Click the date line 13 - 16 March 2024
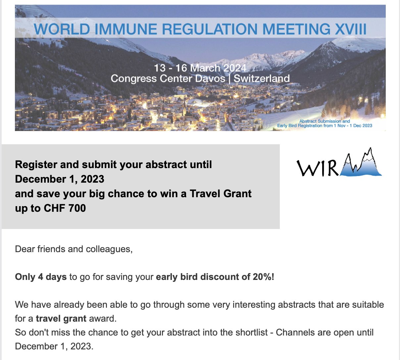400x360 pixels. coord(200,68)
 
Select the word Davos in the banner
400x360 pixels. coord(210,78)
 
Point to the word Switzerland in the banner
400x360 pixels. coord(262,78)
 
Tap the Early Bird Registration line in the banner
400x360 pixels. coord(325,126)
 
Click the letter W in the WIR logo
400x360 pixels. coord(307,168)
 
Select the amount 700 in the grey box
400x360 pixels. coord(77,208)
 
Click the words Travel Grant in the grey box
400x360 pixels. coord(221,194)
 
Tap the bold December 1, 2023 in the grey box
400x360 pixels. coord(60,179)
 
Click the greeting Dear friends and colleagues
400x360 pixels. coord(74,249)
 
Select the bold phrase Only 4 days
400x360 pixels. coord(41,277)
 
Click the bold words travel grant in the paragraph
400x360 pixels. coord(61,319)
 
